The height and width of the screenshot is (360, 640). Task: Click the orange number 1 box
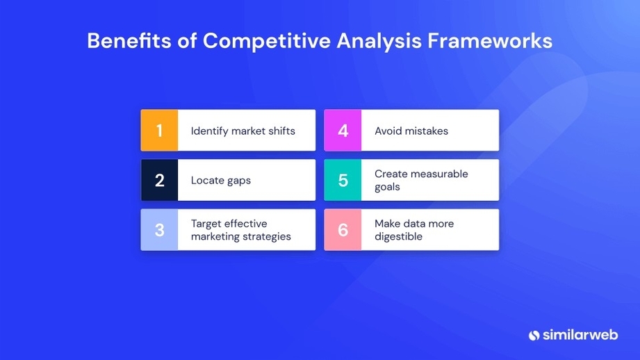159,131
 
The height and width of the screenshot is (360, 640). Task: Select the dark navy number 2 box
159,181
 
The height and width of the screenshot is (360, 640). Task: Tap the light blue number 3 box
159,230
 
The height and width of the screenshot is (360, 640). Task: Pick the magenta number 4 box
343,131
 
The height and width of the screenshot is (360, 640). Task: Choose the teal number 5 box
343,181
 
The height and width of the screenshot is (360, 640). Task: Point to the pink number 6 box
343,230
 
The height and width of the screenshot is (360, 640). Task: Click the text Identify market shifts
243,131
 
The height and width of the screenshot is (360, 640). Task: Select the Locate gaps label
220,181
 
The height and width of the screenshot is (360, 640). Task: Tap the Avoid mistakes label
411,131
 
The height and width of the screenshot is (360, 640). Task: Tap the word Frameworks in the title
490,41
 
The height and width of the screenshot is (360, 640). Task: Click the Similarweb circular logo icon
534,335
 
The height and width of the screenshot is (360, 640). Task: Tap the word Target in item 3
208,224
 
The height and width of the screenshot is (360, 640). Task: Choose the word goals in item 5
387,187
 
